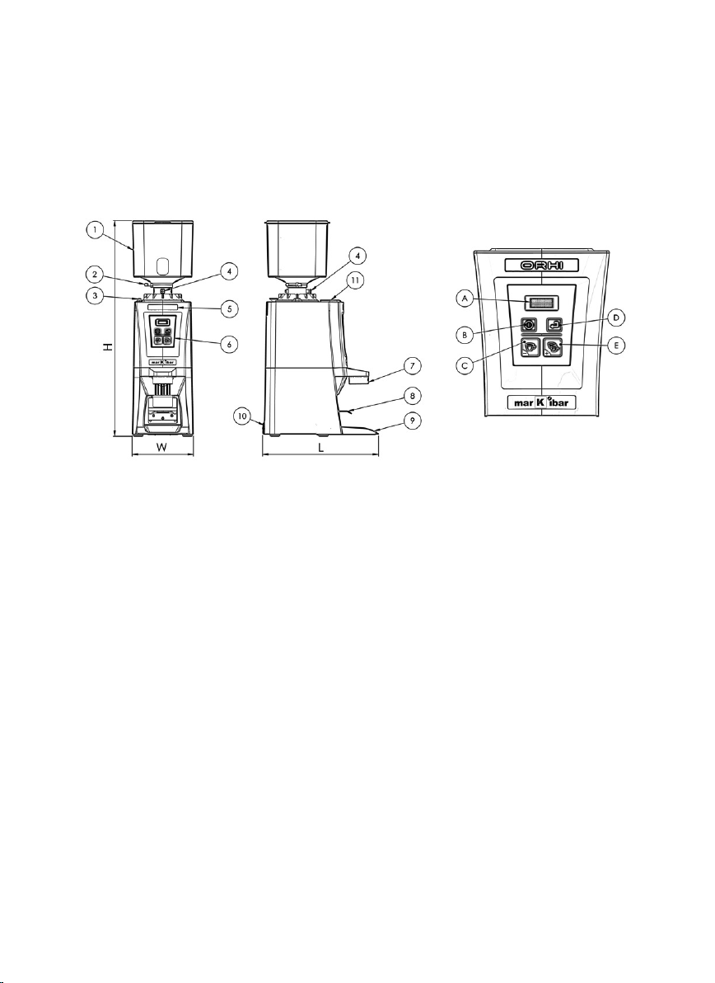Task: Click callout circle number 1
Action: pyautogui.click(x=95, y=231)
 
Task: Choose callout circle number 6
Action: pyautogui.click(x=230, y=344)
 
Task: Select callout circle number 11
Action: pyautogui.click(x=355, y=282)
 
